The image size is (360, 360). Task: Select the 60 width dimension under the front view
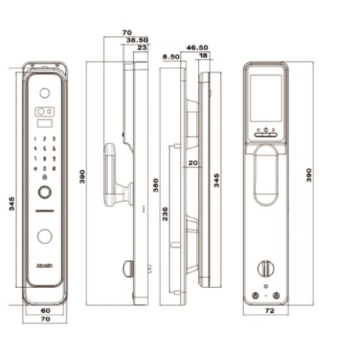tap(45, 310)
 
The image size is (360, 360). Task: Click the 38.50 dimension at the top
tap(137, 40)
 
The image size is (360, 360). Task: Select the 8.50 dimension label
tap(171, 55)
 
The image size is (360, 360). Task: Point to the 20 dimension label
tap(192, 163)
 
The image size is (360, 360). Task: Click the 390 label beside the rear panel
tap(310, 176)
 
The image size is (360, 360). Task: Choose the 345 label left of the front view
tap(12, 204)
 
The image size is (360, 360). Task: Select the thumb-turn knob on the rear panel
tap(266, 268)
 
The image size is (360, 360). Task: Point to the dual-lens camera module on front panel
tap(45, 112)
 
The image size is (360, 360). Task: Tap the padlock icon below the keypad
tap(45, 177)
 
